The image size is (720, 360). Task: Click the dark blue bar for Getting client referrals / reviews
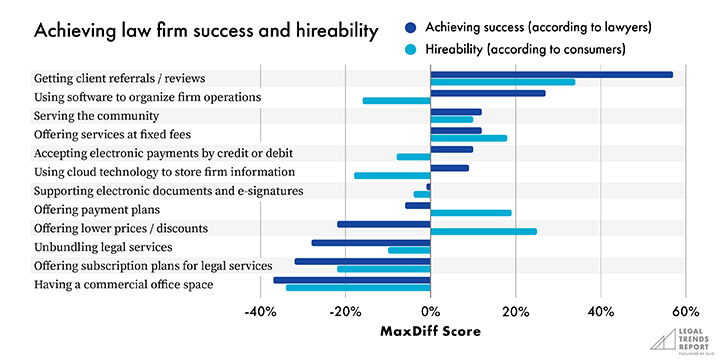(x=551, y=75)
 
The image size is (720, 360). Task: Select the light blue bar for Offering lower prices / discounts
(x=484, y=231)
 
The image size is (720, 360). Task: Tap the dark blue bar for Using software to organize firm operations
(x=488, y=93)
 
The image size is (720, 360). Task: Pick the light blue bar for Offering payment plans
(x=471, y=213)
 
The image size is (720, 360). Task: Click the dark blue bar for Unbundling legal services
(x=371, y=243)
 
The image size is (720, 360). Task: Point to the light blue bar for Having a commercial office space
(x=358, y=288)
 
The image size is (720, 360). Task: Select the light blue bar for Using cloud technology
(x=393, y=175)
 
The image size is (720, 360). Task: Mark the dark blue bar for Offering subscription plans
(x=363, y=262)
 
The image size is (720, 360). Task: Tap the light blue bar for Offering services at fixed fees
(x=469, y=138)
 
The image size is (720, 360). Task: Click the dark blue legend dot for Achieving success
(x=411, y=28)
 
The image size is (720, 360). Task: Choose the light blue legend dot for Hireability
(x=411, y=49)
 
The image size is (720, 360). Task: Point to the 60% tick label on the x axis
(x=686, y=312)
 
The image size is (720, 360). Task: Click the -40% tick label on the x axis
(x=260, y=312)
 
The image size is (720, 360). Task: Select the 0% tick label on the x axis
(x=430, y=312)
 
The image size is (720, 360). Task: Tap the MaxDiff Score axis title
(x=430, y=331)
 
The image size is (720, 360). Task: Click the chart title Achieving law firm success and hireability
(x=206, y=31)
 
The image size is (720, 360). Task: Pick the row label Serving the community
(x=96, y=116)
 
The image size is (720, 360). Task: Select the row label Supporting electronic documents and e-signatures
(x=169, y=191)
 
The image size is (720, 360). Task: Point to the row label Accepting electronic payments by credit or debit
(x=163, y=153)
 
